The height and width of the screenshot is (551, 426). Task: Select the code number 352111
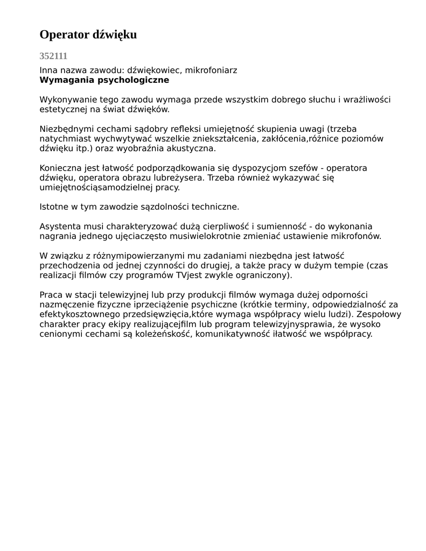click(53, 56)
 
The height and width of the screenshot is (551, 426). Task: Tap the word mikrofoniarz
click(211, 70)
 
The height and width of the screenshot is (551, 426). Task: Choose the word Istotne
click(55, 207)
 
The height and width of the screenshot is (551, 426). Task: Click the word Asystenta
click(60, 227)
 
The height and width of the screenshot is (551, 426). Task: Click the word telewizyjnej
click(139, 295)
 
